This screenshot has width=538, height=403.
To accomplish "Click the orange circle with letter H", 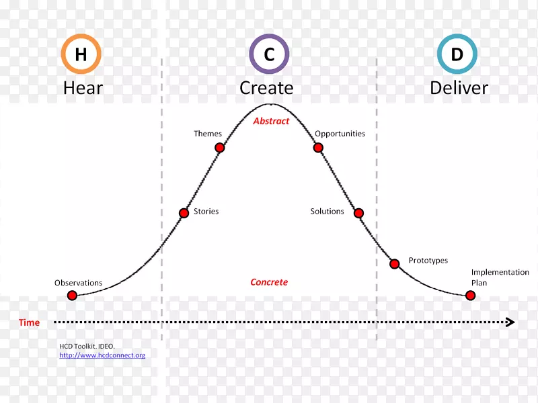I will pos(81,54).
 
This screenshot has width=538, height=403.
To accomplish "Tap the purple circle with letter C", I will pos(269,54).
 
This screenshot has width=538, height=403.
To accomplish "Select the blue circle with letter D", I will pos(457,54).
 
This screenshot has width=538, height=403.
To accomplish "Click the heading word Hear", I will pos(83,88).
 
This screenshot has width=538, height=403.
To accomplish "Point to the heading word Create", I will pos(266,88).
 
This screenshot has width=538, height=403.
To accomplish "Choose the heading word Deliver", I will pos(459,88).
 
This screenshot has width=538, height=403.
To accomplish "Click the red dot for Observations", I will pos(72,296).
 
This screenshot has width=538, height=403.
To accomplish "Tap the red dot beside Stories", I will pos(184,214).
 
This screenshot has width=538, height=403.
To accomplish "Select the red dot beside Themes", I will pos(219,148).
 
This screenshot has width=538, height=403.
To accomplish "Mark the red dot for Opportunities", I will pos(319,148).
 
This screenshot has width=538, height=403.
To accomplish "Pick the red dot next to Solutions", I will pos(358,214).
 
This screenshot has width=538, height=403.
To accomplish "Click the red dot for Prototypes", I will pos(395,264).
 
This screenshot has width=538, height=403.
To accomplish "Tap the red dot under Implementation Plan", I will pos(471,296).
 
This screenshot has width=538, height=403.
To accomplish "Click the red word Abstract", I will pos(271,122).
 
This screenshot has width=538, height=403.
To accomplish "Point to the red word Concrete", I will pos(269,282).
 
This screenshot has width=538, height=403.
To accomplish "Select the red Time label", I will pos(29,322).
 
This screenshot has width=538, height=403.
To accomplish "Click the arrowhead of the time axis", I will pos(510,322).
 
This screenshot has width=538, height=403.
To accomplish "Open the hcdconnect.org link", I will pos(102,355).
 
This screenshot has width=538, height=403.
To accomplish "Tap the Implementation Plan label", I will pos(500,277).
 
